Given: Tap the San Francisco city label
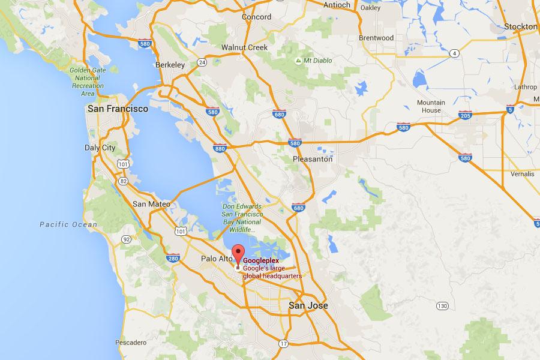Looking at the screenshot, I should [118, 109].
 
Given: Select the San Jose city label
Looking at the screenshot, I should [308, 305].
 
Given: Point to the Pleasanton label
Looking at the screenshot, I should [312, 159].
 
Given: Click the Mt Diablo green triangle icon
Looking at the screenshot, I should [299, 61].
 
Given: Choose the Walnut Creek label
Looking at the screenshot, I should [243, 47].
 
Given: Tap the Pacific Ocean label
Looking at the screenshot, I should [68, 224].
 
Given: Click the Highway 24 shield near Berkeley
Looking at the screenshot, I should [202, 62].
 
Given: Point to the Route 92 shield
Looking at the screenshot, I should [126, 239].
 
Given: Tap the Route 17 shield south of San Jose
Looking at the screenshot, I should [283, 344].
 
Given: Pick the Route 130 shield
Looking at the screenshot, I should [442, 306].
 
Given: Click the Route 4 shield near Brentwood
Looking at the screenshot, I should [456, 54].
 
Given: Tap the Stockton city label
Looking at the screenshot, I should [520, 27].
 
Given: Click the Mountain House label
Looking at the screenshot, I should [431, 106].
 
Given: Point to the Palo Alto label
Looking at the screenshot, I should [215, 259].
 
